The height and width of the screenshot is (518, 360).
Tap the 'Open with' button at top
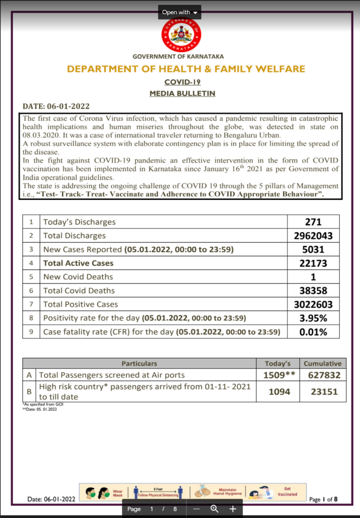click(x=179, y=12)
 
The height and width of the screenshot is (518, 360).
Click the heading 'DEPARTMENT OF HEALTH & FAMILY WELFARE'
click(x=186, y=69)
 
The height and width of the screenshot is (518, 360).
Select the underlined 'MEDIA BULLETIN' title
click(x=183, y=94)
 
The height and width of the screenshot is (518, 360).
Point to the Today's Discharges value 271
click(x=313, y=222)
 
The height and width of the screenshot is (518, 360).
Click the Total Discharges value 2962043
click(x=313, y=236)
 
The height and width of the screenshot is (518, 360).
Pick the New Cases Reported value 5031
click(x=313, y=249)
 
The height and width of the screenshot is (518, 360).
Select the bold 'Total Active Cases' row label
click(x=78, y=263)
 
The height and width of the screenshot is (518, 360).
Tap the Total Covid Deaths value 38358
click(x=313, y=291)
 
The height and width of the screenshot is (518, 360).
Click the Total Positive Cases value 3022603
click(x=313, y=305)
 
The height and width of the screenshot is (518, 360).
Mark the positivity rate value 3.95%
click(x=313, y=318)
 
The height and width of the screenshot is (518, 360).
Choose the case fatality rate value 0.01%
click(x=313, y=332)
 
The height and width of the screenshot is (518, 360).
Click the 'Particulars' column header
click(x=139, y=363)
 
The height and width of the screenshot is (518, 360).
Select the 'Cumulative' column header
click(x=323, y=363)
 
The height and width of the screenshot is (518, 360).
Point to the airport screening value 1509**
click(x=279, y=375)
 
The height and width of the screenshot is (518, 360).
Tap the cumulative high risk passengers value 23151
click(x=323, y=392)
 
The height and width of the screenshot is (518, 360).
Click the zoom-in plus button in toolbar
click(x=233, y=509)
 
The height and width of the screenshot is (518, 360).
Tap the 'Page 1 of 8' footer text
click(x=323, y=499)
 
